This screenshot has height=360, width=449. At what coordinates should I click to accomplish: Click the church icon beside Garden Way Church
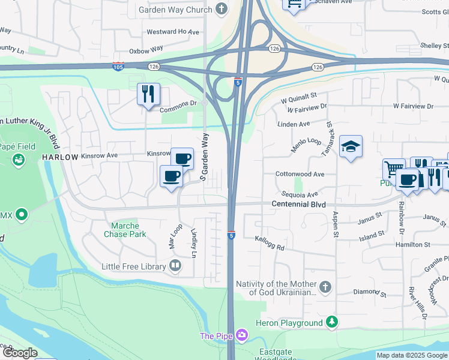(222, 10)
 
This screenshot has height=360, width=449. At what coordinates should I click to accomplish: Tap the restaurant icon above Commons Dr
(148, 94)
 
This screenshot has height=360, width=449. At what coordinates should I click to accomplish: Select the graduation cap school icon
(351, 146)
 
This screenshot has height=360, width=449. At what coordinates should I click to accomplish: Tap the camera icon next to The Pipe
(241, 335)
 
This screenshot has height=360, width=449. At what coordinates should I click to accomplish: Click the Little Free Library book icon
(176, 265)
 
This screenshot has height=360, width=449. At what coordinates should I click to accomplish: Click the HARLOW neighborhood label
(60, 157)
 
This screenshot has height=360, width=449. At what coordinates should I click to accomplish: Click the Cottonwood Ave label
(300, 174)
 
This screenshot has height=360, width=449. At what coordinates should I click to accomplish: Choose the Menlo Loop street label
(306, 144)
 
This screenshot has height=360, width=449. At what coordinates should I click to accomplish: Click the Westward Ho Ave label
(173, 31)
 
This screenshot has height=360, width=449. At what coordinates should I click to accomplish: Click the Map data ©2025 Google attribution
(411, 355)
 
